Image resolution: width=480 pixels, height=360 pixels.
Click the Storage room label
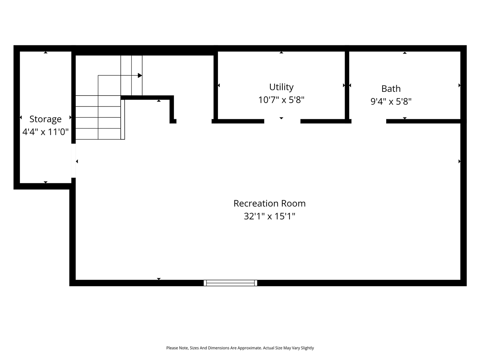point(45,119)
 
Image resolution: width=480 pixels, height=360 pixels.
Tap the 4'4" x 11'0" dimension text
point(45,132)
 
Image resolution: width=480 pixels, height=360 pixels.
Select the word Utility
point(281,87)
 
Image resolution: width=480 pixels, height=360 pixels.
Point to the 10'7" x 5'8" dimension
point(281,100)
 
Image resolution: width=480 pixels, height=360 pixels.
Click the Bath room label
point(391,89)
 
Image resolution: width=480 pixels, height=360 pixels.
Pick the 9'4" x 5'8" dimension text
point(391,102)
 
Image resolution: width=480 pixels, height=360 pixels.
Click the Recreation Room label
point(270,204)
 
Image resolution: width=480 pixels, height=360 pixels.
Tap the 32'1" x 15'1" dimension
point(270,216)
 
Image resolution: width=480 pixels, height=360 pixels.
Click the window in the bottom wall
point(230,283)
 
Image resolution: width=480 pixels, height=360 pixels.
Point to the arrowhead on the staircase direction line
point(140,75)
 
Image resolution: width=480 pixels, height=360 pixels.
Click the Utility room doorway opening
point(282,121)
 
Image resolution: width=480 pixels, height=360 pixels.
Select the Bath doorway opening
point(369,121)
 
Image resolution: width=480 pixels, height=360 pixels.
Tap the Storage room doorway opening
point(73,160)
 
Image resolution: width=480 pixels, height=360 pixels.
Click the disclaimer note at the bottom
point(240,348)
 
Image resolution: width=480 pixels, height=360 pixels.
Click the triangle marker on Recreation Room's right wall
point(459,162)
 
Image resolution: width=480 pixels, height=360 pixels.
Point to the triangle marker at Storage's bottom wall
point(46,182)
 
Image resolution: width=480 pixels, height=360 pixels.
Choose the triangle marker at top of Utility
point(281,52)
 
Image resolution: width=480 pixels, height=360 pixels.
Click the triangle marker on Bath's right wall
point(459,85)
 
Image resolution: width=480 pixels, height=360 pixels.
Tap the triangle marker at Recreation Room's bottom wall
point(159,279)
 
